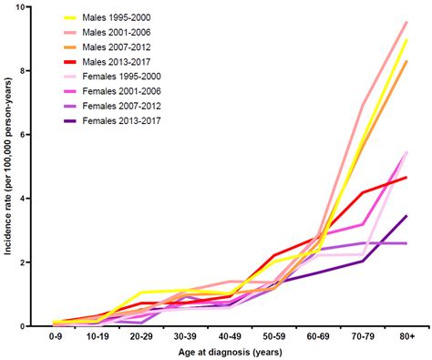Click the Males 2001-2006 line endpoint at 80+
pos(406,22)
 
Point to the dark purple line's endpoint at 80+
pos(406,216)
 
